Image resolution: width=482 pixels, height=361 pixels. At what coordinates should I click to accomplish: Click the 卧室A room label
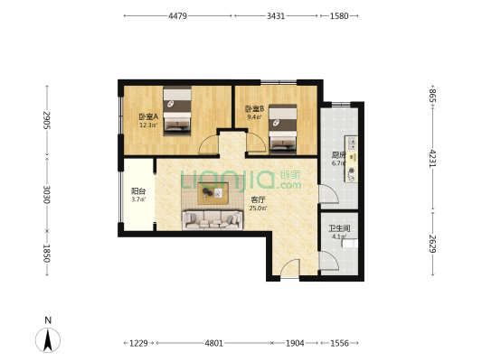pos(148,117)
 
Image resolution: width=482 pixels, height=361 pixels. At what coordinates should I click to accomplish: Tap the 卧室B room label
pos(254,109)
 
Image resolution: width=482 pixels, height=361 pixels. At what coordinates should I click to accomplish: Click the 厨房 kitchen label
pos(338,154)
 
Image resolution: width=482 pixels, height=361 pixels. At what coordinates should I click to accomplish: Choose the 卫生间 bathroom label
pos(338,228)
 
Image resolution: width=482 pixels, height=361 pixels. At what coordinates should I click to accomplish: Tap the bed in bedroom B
pos(283,125)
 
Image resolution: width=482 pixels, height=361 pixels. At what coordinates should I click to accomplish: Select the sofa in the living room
pos(211,219)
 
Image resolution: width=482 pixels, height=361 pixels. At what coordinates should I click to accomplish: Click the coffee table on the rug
pos(214,190)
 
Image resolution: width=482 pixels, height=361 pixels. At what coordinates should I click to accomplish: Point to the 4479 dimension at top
pos(177,16)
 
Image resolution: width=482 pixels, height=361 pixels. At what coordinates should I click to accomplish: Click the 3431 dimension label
pos(276,16)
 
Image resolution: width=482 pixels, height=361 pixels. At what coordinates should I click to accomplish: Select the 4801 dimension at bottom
pos(213,343)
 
